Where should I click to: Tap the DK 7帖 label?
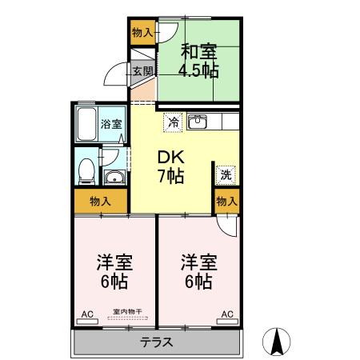pos(170,166)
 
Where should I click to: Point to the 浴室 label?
pos(110,124)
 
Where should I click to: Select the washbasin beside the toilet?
pos(114,177)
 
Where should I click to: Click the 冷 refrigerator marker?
pos(173,122)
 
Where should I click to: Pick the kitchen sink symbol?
pos(198,122)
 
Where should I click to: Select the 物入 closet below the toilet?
pos(101,202)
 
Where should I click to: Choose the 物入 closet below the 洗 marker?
pos(226,202)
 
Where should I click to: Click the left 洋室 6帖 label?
pos(114,272)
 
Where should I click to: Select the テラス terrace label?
pos(157,342)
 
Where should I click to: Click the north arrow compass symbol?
pos(277,342)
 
